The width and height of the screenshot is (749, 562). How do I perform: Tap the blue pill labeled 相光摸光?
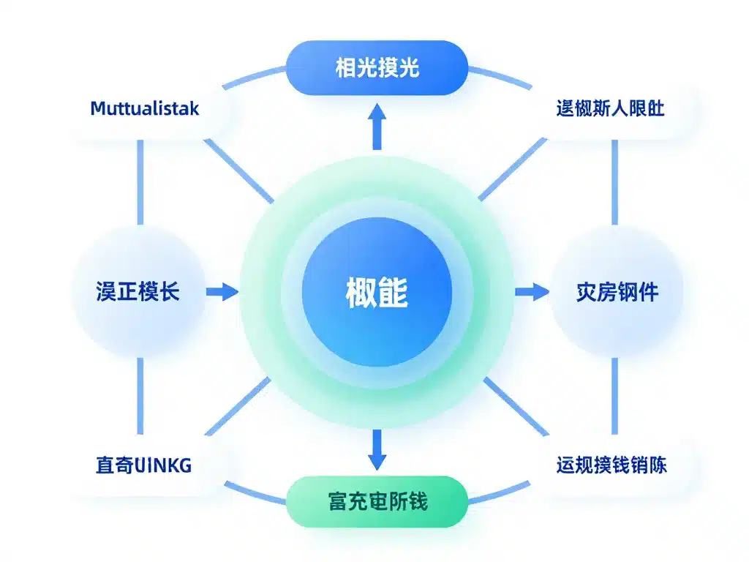[x=376, y=68]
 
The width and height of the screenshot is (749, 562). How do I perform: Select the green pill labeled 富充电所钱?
[x=376, y=502]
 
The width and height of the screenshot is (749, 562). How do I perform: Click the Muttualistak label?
[x=144, y=109]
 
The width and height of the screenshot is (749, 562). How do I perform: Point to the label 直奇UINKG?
[x=143, y=465]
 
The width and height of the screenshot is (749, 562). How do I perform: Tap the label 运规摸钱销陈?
[x=611, y=465]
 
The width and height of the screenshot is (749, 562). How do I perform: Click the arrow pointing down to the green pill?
[x=377, y=449]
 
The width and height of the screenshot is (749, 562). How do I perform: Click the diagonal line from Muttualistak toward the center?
[x=238, y=171]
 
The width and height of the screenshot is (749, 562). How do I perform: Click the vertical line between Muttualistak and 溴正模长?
[x=140, y=183]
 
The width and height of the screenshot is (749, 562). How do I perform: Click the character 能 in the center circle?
[x=394, y=293]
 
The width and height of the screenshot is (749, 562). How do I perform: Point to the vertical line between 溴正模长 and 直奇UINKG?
[x=140, y=399]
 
